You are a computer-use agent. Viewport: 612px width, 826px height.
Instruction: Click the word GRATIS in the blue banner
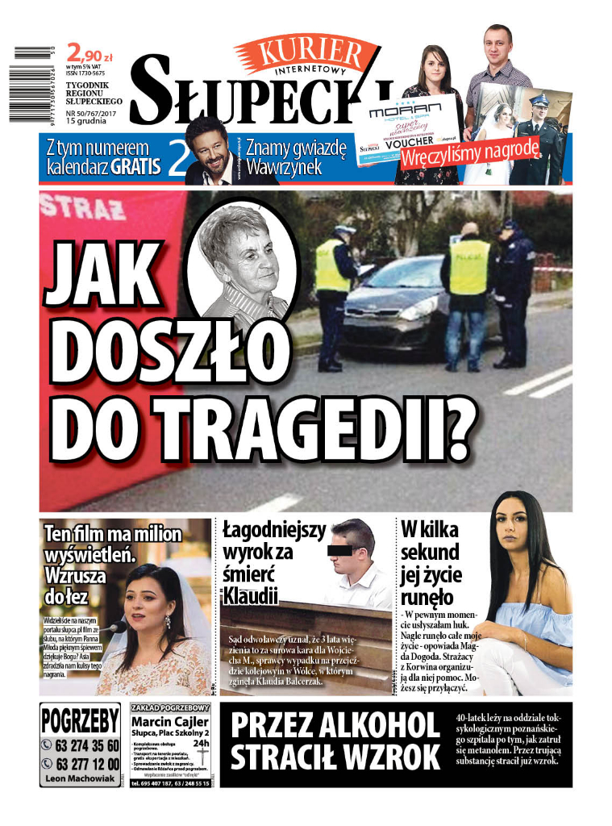pos(136,167)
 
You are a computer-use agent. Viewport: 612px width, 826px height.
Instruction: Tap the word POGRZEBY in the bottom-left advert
pos(80,720)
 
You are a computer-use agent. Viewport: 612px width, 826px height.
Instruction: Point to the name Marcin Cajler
pos(169,720)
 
